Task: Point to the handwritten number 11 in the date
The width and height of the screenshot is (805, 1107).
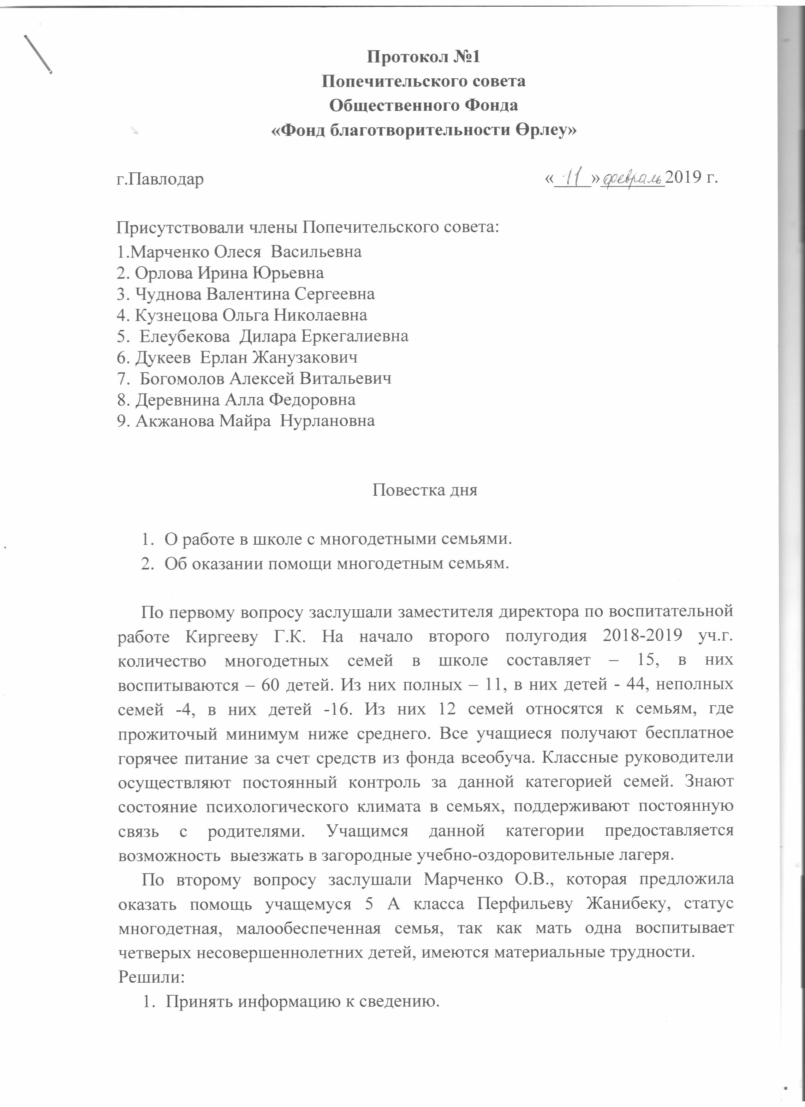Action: tap(571, 177)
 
